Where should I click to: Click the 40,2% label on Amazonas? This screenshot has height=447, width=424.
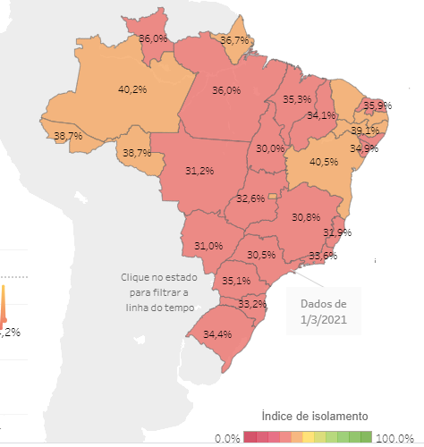tap(132, 89)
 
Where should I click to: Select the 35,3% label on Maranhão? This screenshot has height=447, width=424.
tap(297, 99)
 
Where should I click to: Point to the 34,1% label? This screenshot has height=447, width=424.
tap(321, 115)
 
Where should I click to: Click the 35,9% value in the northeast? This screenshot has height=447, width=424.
tap(377, 105)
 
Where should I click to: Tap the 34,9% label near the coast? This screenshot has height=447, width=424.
tap(364, 148)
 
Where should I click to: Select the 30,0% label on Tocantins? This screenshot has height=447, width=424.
tap(271, 148)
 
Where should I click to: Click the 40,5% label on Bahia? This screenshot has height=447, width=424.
tap(323, 163)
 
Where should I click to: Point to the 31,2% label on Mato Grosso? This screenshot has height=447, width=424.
tap(199, 171)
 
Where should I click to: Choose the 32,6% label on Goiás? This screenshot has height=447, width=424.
tap(250, 198)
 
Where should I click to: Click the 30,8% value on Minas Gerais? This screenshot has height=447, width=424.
tap(306, 217)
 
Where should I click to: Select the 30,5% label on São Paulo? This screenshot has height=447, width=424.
tap(261, 255)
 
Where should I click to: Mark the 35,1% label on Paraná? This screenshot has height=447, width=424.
tap(236, 281)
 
